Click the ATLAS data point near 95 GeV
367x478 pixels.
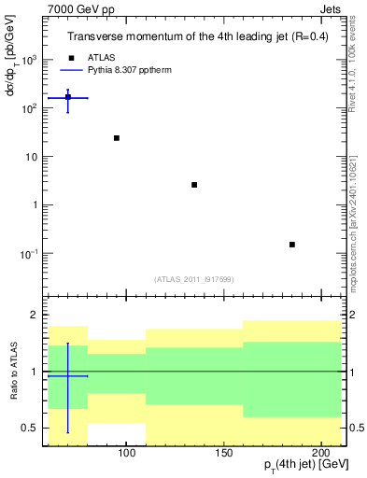coord(117,138)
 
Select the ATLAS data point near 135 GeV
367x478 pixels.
coord(194,185)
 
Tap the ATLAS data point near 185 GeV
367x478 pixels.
coord(292,245)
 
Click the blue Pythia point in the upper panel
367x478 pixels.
coord(67,97)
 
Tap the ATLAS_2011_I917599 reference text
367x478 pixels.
coord(193,278)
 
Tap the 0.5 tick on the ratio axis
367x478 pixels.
coord(32,429)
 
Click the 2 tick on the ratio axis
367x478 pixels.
coord(35,315)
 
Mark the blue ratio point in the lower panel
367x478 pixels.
coord(67,376)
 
